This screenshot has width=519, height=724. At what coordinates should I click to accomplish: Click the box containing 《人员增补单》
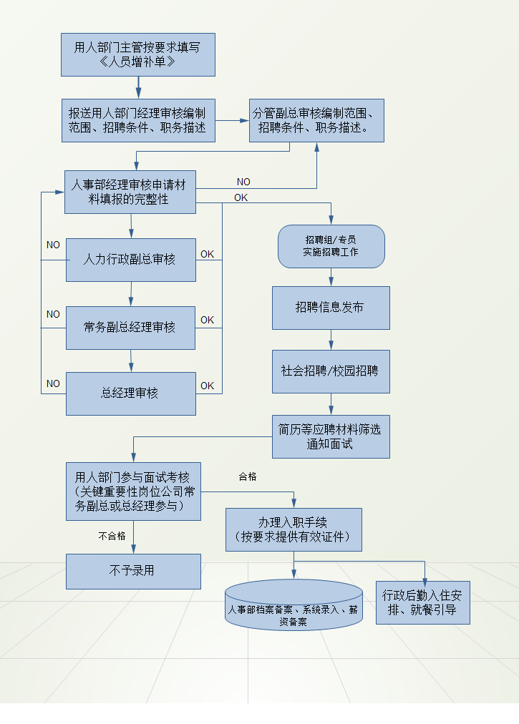(137, 54)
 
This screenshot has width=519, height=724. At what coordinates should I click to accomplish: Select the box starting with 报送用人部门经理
(137, 120)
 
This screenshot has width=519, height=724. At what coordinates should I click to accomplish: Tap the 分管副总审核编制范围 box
(316, 120)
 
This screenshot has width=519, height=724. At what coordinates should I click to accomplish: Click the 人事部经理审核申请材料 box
(130, 192)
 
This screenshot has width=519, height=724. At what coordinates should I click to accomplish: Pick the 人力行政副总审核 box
(130, 260)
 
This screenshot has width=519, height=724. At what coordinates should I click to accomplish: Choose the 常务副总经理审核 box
(130, 328)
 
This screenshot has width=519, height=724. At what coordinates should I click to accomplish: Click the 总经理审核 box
(130, 393)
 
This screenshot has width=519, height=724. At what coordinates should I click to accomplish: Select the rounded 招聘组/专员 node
(331, 246)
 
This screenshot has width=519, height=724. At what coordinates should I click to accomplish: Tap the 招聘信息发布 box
(331, 308)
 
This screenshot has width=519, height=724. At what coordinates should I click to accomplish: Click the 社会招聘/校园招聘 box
(331, 371)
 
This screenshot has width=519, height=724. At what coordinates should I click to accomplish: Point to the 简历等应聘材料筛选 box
(331, 436)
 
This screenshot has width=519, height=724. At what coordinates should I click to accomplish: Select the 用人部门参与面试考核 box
(133, 491)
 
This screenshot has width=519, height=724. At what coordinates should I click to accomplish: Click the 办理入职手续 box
(294, 529)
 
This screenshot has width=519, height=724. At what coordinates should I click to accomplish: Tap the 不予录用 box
(133, 571)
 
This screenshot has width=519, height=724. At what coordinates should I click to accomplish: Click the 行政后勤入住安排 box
(422, 602)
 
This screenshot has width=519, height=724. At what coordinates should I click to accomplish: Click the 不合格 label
(112, 535)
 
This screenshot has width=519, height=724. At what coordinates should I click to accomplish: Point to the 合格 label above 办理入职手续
(247, 476)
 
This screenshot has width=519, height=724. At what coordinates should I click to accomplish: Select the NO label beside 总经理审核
(53, 383)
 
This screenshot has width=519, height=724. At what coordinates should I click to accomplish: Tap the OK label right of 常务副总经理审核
(207, 320)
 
